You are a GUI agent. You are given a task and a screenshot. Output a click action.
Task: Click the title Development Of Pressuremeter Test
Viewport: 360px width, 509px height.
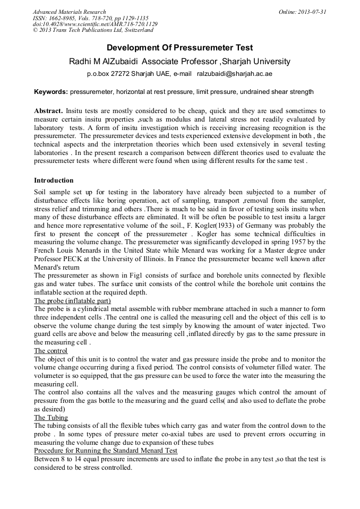coord(179,48)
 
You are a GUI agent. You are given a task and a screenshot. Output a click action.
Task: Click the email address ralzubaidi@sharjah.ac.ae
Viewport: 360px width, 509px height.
coord(234,74)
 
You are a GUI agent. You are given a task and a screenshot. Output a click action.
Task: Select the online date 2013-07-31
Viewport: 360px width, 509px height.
coord(312,12)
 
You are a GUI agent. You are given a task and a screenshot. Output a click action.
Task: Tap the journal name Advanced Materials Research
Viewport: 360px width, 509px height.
coord(69,12)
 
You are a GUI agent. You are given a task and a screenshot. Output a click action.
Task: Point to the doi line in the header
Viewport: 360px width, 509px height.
coord(95,24)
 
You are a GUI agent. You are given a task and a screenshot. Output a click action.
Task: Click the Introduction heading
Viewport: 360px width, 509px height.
coord(54,180)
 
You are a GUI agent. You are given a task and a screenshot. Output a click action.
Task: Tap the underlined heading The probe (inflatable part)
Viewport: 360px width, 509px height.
coord(72,301)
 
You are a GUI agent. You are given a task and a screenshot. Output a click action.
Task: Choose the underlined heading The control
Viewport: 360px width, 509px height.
coord(50,351)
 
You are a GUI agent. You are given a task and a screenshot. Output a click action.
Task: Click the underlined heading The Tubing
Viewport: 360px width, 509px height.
coord(51,418)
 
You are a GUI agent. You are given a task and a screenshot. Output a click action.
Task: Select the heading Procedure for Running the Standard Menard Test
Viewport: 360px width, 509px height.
coord(106,451)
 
